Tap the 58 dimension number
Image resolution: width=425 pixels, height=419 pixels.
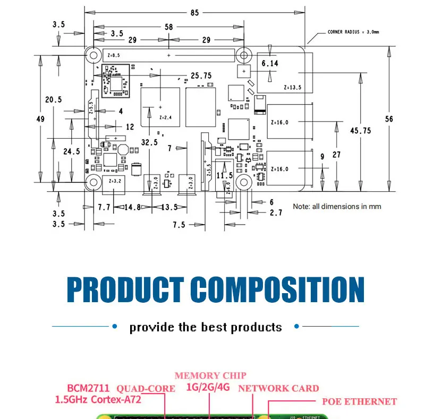(x=169, y=27)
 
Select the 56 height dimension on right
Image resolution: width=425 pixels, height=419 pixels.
(x=389, y=119)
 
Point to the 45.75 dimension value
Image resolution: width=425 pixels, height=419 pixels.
(x=361, y=131)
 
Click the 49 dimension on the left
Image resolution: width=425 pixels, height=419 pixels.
(x=40, y=119)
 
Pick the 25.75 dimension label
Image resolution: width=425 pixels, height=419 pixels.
(x=201, y=76)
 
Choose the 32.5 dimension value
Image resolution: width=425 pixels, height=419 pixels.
(x=149, y=142)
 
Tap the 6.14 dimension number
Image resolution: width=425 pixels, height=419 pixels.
(x=270, y=64)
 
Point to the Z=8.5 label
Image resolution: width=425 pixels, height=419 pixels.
(x=114, y=55)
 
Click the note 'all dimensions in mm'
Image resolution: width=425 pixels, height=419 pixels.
(x=337, y=207)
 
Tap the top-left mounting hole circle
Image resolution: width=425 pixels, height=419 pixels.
(x=94, y=55)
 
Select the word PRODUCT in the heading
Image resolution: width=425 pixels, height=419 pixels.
(x=125, y=290)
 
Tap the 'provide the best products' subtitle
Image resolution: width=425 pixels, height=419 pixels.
(x=206, y=327)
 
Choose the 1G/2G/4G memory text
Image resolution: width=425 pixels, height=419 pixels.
(x=208, y=387)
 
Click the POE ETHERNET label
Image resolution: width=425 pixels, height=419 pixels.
(x=360, y=401)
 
